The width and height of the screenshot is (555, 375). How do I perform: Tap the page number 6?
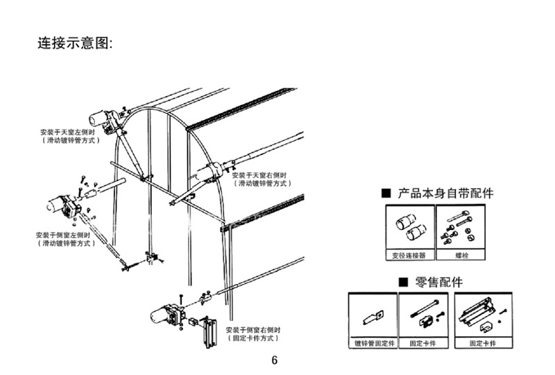click(x=274, y=360)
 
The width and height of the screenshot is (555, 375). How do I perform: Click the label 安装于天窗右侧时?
click(x=262, y=176)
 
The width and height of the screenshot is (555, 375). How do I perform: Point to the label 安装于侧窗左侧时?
click(x=62, y=235)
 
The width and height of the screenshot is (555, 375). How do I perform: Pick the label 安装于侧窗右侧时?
click(x=254, y=330)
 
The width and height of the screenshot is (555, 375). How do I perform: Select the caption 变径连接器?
click(x=409, y=256)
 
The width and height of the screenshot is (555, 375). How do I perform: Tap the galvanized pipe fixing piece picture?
click(x=372, y=317)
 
